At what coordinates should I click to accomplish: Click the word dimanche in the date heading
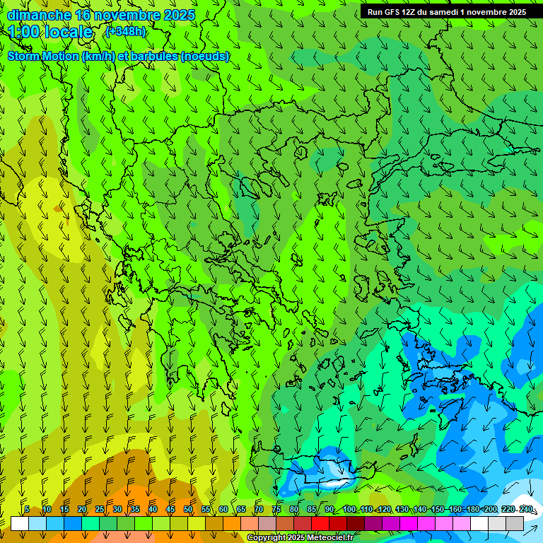(x=38, y=15)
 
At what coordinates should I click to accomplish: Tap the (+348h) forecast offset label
(x=125, y=31)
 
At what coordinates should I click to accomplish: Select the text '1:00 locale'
(x=50, y=32)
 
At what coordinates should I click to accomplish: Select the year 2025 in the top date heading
(x=179, y=15)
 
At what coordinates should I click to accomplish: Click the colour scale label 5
(x=27, y=509)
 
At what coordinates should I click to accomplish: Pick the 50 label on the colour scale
(x=188, y=509)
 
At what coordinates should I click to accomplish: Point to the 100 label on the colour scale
(x=349, y=509)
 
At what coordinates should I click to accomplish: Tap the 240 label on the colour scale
(x=526, y=509)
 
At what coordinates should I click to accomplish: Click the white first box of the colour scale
(x=20, y=523)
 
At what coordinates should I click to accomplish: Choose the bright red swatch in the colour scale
(x=320, y=523)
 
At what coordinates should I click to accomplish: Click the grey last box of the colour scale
(x=515, y=523)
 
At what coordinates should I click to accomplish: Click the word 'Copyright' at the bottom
(x=267, y=538)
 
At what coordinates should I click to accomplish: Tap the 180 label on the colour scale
(x=473, y=509)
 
